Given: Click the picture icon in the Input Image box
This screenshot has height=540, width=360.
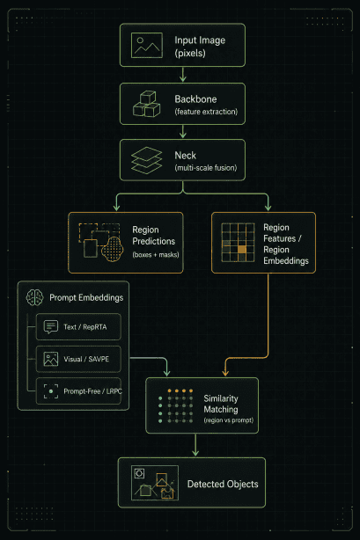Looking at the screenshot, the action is coord(146,45).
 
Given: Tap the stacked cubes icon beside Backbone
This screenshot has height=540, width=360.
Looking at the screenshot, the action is coord(146,104).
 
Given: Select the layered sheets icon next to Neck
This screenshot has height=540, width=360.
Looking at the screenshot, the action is coord(146,160).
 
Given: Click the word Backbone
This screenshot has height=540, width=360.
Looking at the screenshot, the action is coord(195,99).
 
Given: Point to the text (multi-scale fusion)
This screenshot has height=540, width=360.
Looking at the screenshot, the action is coord(206,168).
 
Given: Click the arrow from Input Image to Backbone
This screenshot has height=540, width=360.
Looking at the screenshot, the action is coord(183,74).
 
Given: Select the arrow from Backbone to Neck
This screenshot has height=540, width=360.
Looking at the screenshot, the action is coord(183,132).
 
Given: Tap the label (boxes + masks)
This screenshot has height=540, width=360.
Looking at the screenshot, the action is coord(156,255).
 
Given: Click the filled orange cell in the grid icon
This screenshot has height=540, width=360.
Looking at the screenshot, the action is coord(242,250).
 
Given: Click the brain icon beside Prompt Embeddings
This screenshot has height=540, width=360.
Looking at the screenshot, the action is coord(35,297).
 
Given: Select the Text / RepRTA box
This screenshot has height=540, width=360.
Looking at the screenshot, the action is coord(78,327).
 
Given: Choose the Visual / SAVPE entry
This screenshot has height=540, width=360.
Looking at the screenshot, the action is coord(78,359).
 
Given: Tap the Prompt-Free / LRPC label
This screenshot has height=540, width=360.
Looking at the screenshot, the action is coord(92,391).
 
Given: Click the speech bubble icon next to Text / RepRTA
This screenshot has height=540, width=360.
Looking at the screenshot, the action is coord(51,327).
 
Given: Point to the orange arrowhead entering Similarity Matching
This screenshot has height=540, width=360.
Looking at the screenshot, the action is coord(225,373).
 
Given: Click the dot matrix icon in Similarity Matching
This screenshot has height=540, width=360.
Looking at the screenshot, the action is coord(175,405).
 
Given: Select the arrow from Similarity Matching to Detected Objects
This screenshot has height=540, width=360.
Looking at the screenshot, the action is coord(195,445).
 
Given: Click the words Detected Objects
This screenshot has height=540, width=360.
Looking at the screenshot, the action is coord(223,484).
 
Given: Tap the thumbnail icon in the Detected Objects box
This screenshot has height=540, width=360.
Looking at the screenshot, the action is coord(155,483).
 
